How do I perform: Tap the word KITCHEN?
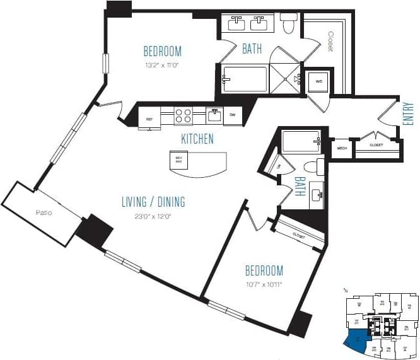coord(197,139)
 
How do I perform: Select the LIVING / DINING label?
coord(153,202)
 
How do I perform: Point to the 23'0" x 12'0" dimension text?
coord(153,216)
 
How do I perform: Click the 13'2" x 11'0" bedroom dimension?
coord(162,64)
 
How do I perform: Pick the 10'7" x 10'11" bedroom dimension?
coord(264,284)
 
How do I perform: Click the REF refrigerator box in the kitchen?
coord(149,118)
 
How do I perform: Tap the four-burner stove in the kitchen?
coord(183,116)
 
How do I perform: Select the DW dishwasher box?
coord(232,115)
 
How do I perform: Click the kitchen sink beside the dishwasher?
coord(214,115)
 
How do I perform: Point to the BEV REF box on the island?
coord(178,160)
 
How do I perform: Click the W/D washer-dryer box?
coord(317,81)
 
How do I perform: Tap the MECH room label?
coord(342,149)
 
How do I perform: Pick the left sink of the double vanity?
coord(238,24)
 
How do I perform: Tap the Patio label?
coord(44,212)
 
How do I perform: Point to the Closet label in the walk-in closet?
coord(330,42)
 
